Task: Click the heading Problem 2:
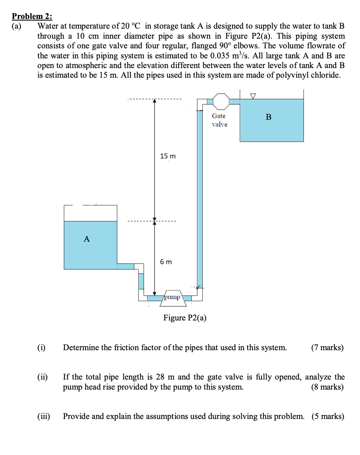[32, 16]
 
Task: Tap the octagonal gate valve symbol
[221, 101]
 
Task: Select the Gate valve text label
[219, 120]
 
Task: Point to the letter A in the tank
[87, 239]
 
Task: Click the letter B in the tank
[269, 117]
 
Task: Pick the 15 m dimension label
[168, 156]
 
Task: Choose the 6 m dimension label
[166, 262]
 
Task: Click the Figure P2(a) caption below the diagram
[185, 318]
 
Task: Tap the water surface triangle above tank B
[253, 96]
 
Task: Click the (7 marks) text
[327, 348]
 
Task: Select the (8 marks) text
[327, 387]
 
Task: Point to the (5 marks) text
[327, 416]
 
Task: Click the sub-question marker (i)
[41, 348]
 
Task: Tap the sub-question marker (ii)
[42, 377]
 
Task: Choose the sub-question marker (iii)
[44, 416]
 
